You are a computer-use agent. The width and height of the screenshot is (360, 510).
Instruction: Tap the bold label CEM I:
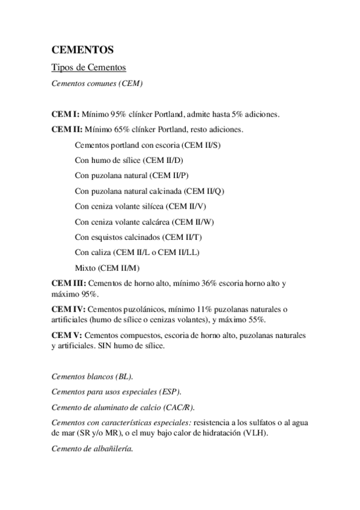[x=65, y=114]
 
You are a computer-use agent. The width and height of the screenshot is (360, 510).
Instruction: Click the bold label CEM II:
[x=66, y=129]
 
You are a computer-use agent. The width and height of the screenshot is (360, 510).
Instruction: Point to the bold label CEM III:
[x=69, y=283]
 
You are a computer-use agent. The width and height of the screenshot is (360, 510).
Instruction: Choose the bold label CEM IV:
[x=68, y=309]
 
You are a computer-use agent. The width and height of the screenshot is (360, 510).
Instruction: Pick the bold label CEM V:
[x=67, y=334]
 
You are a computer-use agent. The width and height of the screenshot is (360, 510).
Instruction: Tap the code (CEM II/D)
[x=166, y=160]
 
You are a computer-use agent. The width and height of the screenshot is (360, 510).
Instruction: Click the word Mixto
[x=85, y=268]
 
